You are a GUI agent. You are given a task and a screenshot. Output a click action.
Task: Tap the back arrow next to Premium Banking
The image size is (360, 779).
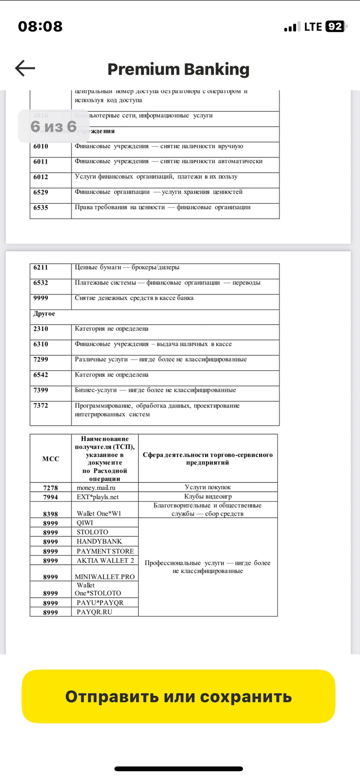tap(25, 69)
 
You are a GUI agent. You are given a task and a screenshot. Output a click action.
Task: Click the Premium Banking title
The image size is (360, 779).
tap(178, 69)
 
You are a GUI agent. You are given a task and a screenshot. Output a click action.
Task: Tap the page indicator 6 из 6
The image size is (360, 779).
tap(54, 127)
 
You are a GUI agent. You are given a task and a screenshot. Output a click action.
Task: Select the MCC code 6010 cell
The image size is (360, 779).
tap(41, 147)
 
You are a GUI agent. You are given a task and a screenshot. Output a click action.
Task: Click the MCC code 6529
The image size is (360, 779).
tap(41, 192)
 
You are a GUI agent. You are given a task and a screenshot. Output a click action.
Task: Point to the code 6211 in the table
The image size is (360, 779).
tap(41, 267)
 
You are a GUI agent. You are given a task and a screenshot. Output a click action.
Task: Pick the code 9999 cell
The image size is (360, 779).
tap(41, 298)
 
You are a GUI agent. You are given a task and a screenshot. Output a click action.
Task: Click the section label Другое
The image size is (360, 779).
tap(44, 314)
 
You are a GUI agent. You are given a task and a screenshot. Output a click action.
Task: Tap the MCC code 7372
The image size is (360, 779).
tap(41, 406)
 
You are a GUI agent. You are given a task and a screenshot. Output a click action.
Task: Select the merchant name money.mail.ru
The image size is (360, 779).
tap(96, 487)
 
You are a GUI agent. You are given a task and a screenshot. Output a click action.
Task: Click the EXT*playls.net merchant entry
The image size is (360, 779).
tap(97, 497)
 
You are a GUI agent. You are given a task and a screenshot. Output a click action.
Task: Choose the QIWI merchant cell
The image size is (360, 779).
tap(85, 523)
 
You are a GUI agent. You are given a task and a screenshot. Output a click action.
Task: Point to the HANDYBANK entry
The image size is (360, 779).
tap(99, 541)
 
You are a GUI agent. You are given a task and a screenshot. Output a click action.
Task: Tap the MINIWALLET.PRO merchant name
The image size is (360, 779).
tap(105, 577)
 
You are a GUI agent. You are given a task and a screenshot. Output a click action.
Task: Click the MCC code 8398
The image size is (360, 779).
tap(50, 514)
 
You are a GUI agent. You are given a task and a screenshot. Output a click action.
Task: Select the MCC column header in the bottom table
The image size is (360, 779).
tap(51, 459)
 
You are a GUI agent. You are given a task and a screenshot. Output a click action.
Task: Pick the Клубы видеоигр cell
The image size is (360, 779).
tap(208, 497)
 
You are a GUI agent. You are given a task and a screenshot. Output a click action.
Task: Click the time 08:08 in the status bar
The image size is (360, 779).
tap(40, 26)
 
